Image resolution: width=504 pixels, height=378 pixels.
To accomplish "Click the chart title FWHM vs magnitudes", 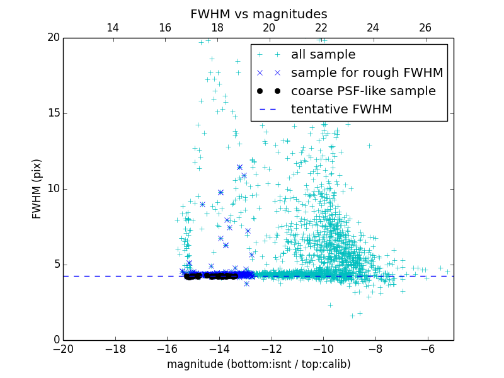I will pos(258,14).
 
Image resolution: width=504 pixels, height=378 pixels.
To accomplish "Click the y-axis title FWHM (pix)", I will pos(37,188).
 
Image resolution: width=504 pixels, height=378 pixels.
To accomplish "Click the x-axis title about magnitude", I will pos(258,364).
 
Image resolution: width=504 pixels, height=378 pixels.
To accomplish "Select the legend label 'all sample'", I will pos(323,55).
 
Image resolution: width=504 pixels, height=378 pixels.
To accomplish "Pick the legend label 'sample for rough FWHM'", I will pos(367,73).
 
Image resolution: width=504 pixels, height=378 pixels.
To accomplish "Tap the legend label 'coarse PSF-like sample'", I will pos(363,91).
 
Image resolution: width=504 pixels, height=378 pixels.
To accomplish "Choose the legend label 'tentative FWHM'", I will pos(341,110).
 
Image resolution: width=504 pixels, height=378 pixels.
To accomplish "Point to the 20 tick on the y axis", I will pos(53,38).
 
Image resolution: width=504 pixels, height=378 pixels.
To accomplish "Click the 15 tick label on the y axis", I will pos(53,113).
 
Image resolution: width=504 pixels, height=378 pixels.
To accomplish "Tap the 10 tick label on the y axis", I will pos(53,189).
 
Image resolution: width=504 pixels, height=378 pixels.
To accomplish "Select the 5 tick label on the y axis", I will pos(55,265).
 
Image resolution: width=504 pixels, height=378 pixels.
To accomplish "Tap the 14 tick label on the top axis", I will pos(113,28).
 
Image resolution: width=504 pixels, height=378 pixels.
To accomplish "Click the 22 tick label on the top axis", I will pos(321,28).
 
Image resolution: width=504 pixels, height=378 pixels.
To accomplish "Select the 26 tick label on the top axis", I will pos(425,28).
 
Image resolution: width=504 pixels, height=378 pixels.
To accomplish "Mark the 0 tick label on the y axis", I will pos(55,340).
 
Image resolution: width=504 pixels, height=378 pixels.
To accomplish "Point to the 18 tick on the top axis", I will pos(217,28).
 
